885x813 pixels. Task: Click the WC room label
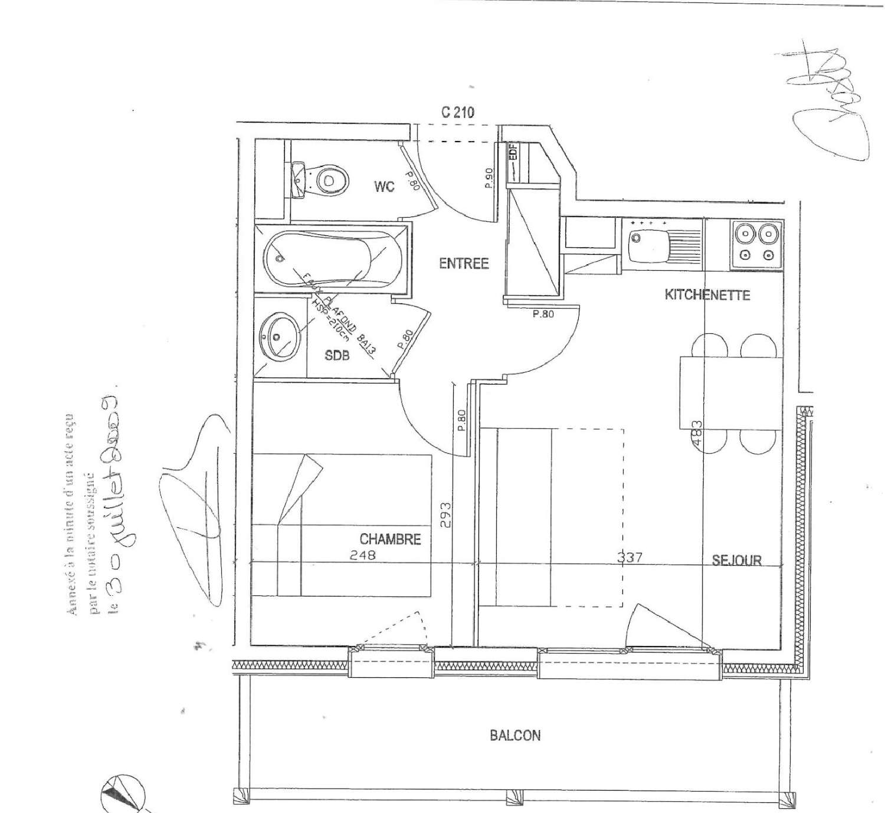click(x=384, y=187)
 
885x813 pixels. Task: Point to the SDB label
click(x=337, y=356)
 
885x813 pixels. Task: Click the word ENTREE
click(x=464, y=263)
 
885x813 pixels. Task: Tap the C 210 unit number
click(x=457, y=112)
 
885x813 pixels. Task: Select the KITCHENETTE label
click(x=707, y=294)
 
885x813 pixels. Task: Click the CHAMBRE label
click(x=390, y=539)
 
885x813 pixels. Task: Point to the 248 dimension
click(x=362, y=555)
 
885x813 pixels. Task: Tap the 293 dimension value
click(x=445, y=514)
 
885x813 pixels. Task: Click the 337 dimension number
click(x=630, y=556)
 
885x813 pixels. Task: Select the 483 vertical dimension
click(x=697, y=435)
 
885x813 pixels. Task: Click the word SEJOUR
click(x=736, y=560)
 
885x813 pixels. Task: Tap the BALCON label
click(x=514, y=735)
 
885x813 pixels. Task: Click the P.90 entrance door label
click(x=489, y=178)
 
